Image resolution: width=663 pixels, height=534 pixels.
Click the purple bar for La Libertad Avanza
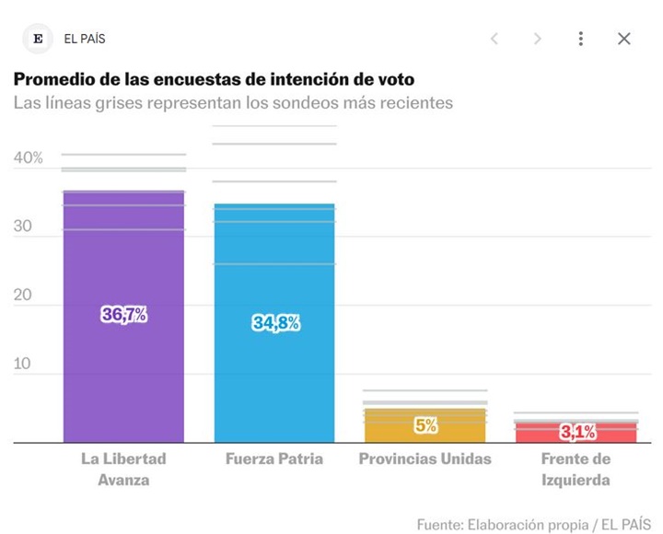tap(123, 368)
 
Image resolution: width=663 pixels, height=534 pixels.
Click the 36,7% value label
tap(124, 315)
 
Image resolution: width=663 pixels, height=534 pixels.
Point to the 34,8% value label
tap(275, 323)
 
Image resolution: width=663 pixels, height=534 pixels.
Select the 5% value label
tap(425, 425)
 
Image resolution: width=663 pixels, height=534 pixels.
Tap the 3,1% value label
tap(577, 431)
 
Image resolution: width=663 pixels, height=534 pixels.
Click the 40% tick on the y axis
tap(29, 158)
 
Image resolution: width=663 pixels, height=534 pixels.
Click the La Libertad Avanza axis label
tap(123, 469)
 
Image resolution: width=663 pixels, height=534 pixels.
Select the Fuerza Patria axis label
tap(274, 459)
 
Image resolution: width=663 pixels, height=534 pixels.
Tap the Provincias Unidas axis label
tap(425, 459)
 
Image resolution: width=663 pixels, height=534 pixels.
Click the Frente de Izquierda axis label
tap(576, 469)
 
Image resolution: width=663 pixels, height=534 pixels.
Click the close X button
tap(623, 39)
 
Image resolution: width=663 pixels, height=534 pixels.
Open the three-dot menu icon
tap(580, 39)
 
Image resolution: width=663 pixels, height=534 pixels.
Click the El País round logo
tap(38, 39)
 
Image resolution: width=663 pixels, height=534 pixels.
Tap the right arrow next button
tap(538, 39)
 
